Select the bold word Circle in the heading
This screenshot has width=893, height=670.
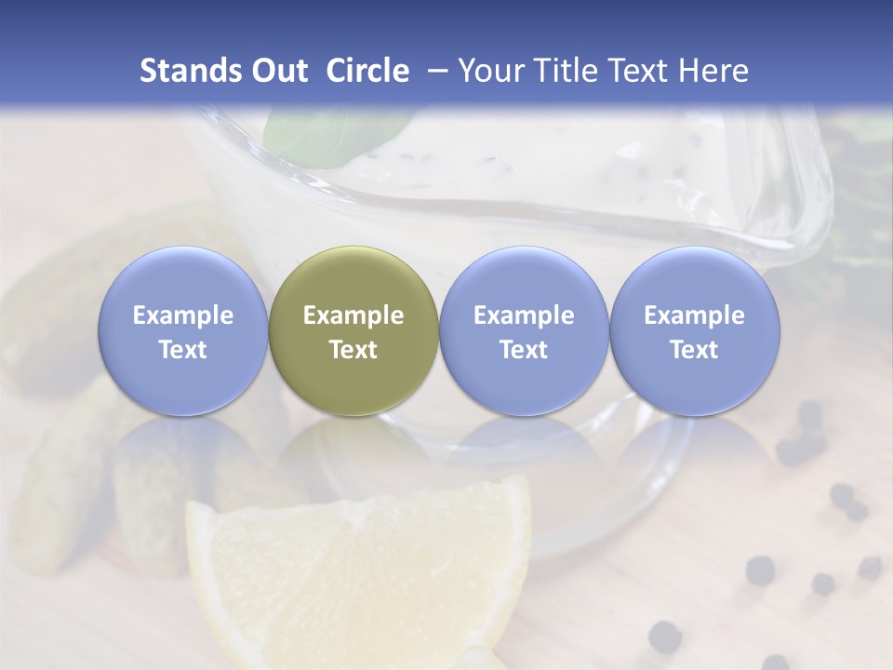pos(367,71)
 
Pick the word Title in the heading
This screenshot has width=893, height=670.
pos(565,71)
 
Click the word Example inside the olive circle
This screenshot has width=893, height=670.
pos(353,315)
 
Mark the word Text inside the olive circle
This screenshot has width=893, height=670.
pos(353,350)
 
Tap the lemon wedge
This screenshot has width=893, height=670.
pos(363,577)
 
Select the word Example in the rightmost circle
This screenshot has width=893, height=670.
pos(694,315)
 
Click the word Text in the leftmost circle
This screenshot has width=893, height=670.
pos(182,350)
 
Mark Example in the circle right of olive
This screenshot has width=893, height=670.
pos(524,315)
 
